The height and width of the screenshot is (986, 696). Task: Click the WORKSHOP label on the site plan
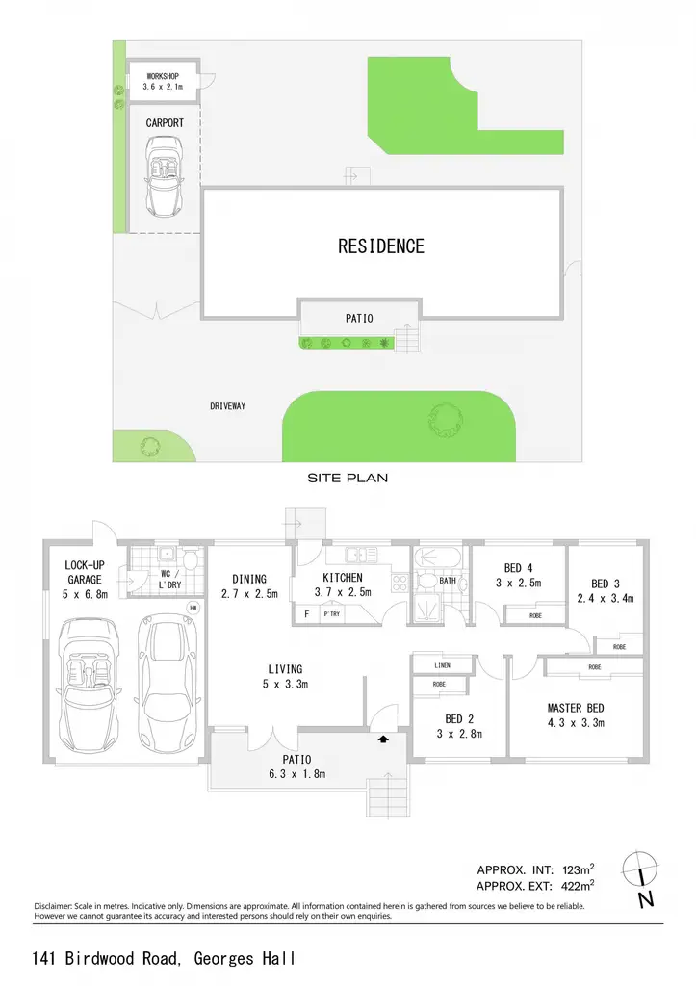click(163, 76)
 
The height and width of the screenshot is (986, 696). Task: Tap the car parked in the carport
click(164, 177)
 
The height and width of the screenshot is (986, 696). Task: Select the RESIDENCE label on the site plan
click(381, 246)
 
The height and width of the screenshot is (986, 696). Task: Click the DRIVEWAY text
click(227, 406)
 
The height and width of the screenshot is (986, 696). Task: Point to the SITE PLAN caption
click(348, 478)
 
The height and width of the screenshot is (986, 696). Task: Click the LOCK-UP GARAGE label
click(85, 572)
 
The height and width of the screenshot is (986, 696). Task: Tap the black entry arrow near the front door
click(383, 739)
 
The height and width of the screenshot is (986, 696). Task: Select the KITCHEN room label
click(343, 578)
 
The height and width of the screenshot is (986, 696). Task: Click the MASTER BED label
click(576, 708)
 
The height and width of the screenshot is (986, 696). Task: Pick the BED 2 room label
click(459, 718)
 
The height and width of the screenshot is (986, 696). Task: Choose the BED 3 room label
click(606, 584)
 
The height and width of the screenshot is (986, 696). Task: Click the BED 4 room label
click(518, 568)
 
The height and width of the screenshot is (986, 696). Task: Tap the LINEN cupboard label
click(442, 665)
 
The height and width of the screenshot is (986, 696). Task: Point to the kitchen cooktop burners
click(400, 583)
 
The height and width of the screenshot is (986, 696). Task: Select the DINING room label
click(249, 579)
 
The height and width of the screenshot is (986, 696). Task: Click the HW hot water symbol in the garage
click(193, 609)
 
